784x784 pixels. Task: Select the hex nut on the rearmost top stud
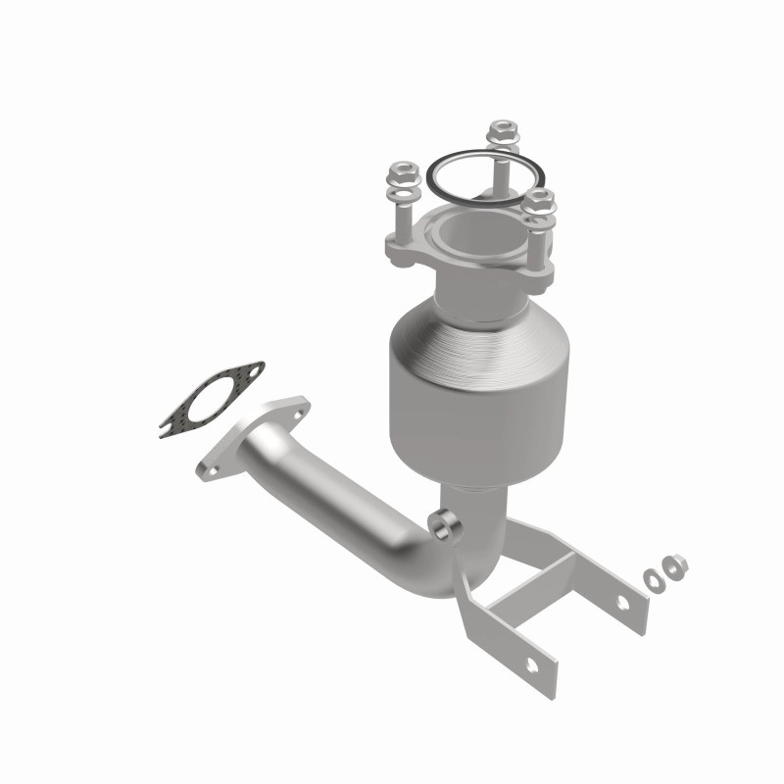[x=502, y=130]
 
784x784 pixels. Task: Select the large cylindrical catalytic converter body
[x=480, y=392]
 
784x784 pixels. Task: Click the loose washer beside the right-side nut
[x=652, y=578]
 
